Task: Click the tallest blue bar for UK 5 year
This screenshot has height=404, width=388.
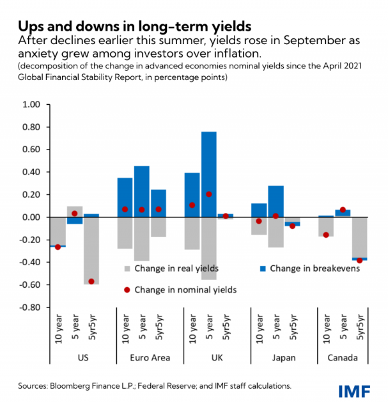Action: click(x=208, y=174)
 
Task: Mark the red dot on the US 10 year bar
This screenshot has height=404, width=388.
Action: click(x=58, y=247)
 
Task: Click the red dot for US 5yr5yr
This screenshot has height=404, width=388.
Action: click(x=91, y=281)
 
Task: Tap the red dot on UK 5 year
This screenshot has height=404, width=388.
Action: click(x=208, y=194)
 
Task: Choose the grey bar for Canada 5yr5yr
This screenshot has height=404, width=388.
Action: click(x=342, y=237)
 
